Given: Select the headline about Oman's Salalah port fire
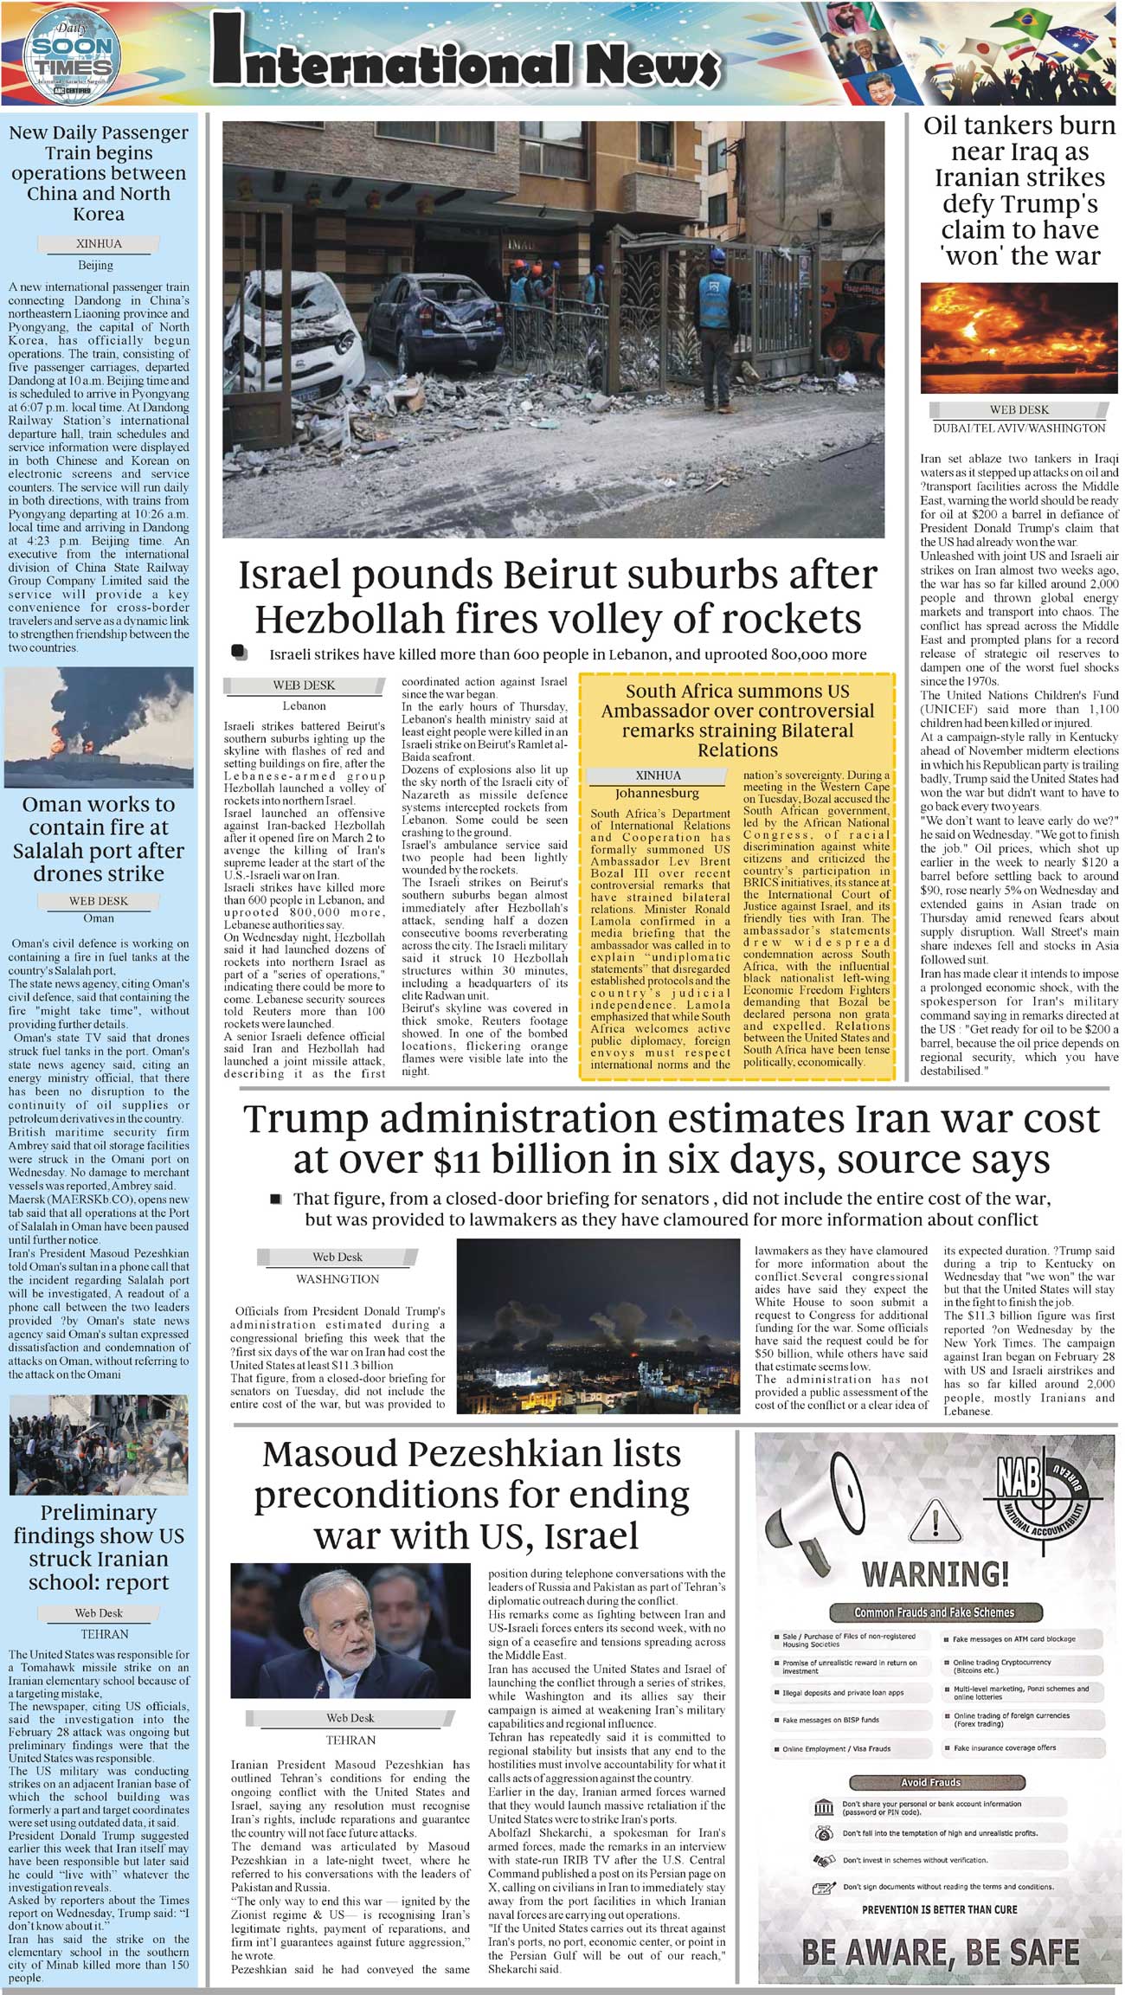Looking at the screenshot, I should (x=99, y=839).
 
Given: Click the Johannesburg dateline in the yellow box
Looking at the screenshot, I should (x=657, y=793).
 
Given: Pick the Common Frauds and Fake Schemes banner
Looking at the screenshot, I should (x=934, y=1612).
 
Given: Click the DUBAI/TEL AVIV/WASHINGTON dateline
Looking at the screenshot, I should (x=1019, y=428).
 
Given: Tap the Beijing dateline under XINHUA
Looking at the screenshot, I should (x=95, y=265).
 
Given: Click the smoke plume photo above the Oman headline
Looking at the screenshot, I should (x=99, y=726).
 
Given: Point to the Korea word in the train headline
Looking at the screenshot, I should (x=99, y=214).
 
